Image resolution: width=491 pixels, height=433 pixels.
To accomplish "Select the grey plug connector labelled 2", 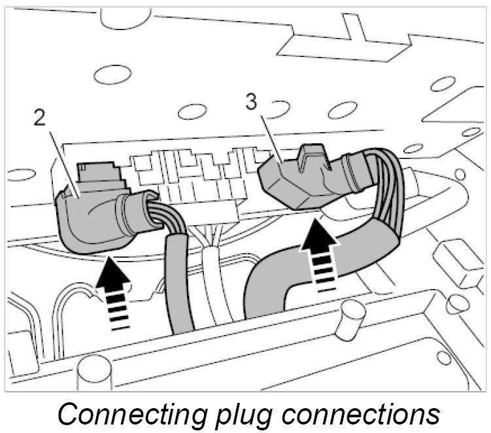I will tap(92, 216).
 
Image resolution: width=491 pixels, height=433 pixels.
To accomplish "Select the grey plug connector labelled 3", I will tap(294, 180).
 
